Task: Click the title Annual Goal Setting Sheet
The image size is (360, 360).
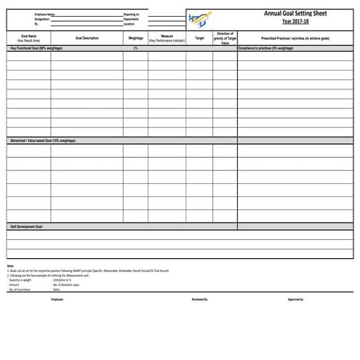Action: pos(295,13)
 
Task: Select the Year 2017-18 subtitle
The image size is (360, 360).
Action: pos(295,21)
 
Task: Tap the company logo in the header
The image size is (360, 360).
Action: pos(201,18)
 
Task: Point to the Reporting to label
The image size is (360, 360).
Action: pos(132,14)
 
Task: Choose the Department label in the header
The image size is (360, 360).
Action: pos(132,19)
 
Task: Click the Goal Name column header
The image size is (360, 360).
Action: pos(29,38)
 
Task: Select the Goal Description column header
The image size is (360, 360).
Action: pos(87,38)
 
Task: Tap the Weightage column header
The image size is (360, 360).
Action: pos(135,38)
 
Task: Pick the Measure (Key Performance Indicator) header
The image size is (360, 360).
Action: pos(167,38)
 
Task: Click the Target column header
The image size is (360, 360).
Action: pos(199,38)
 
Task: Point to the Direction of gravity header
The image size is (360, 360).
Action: pos(225,38)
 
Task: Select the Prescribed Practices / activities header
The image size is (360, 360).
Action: pos(295,38)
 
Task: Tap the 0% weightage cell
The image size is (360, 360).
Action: pos(135,48)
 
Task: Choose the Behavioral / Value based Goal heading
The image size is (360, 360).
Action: pos(43,140)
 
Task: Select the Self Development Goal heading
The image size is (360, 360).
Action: pos(27,226)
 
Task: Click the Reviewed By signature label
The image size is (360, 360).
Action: pos(199,300)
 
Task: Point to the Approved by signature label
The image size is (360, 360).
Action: pos(295,300)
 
